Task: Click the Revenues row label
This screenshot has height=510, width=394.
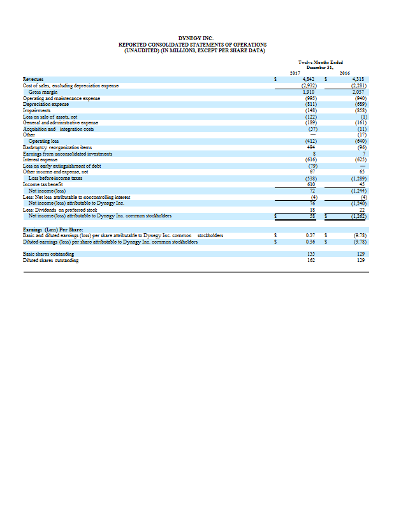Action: (32, 80)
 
